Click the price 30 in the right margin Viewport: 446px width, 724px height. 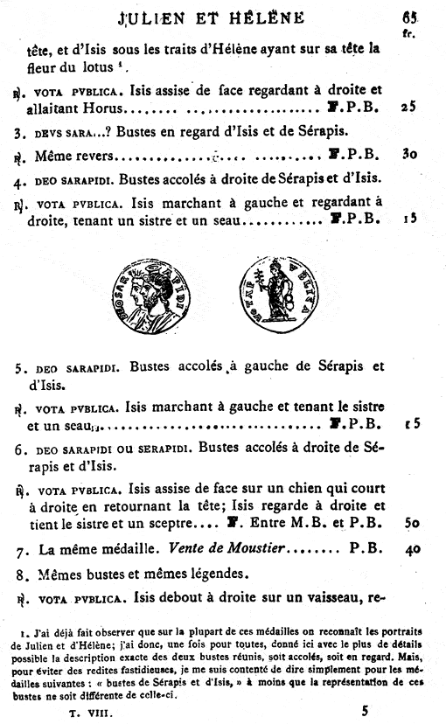point(404,154)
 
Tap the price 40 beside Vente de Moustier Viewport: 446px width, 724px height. point(404,552)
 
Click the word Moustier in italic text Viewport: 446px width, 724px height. point(267,552)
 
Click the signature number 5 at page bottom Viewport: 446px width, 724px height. point(367,711)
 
